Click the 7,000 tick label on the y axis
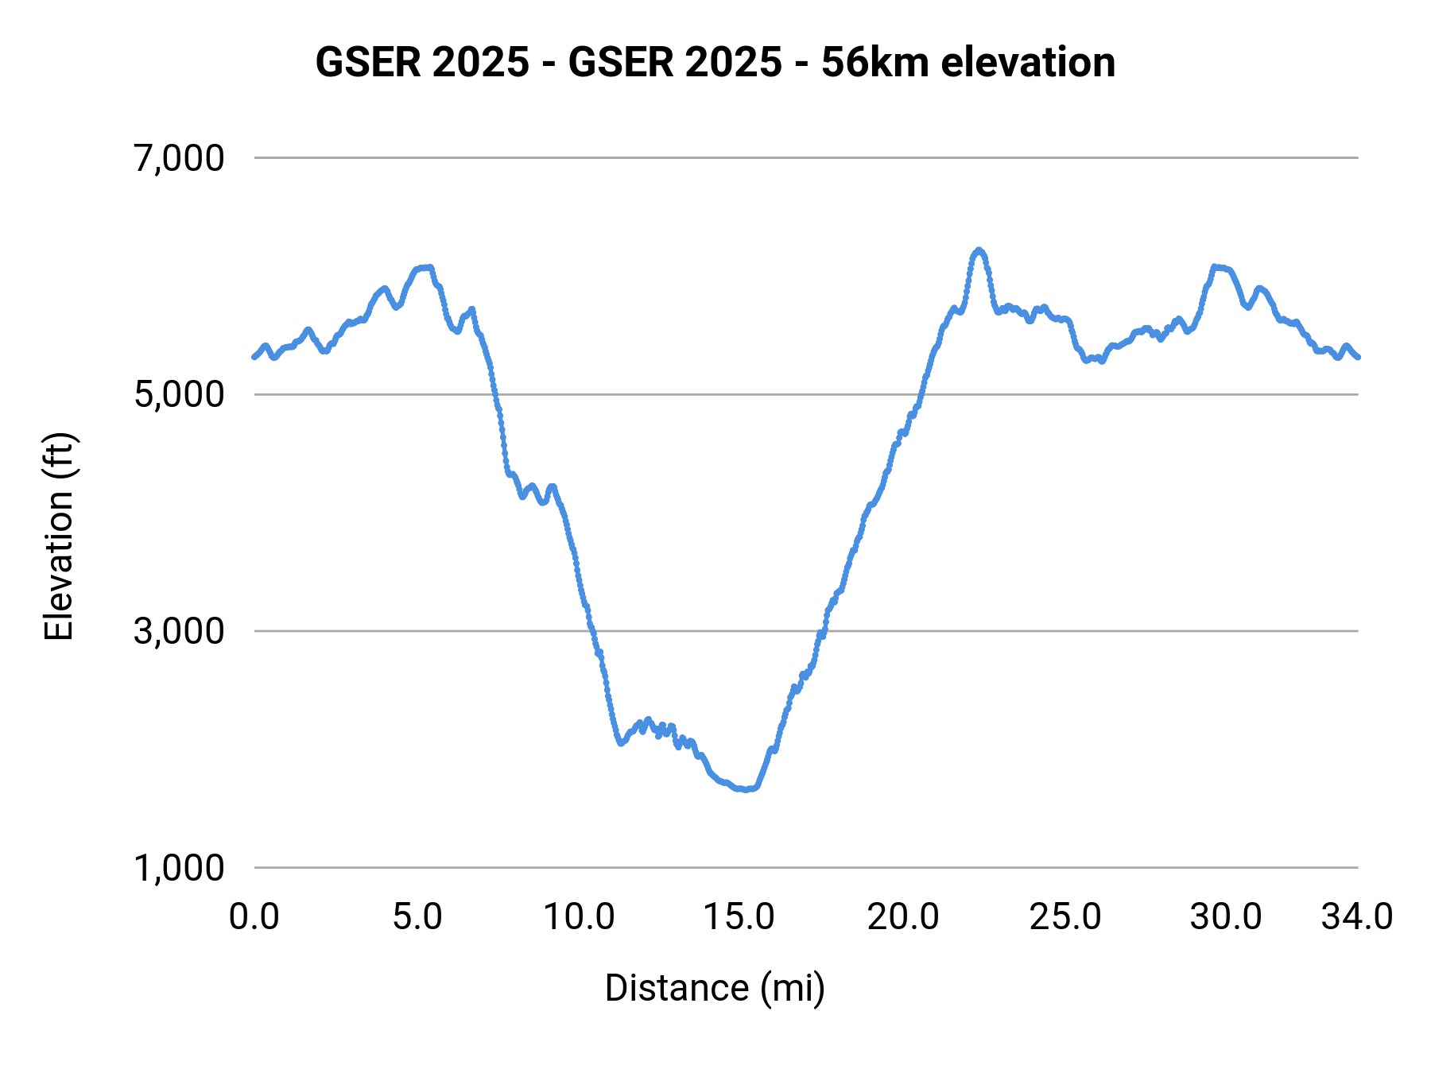pyautogui.click(x=179, y=158)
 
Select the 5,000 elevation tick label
pyautogui.click(x=179, y=394)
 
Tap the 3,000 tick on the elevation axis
pyautogui.click(x=179, y=631)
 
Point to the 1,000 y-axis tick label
pyautogui.click(x=179, y=868)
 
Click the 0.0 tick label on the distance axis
pyautogui.click(x=254, y=917)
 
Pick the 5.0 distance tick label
pyautogui.click(x=417, y=917)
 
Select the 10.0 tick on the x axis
pyautogui.click(x=579, y=917)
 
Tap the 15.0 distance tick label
pyautogui.click(x=739, y=917)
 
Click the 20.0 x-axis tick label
pyautogui.click(x=902, y=917)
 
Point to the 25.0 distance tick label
pyautogui.click(x=1065, y=917)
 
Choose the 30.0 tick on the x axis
pyautogui.click(x=1226, y=917)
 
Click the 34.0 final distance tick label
pyautogui.click(x=1357, y=917)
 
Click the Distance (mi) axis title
pyautogui.click(x=715, y=989)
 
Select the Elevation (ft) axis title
pyautogui.click(x=59, y=536)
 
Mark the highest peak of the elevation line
pyautogui.click(x=979, y=250)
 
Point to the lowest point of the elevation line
pyautogui.click(x=746, y=790)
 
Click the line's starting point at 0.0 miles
pyautogui.click(x=254, y=357)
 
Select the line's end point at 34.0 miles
pyautogui.click(x=1358, y=357)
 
